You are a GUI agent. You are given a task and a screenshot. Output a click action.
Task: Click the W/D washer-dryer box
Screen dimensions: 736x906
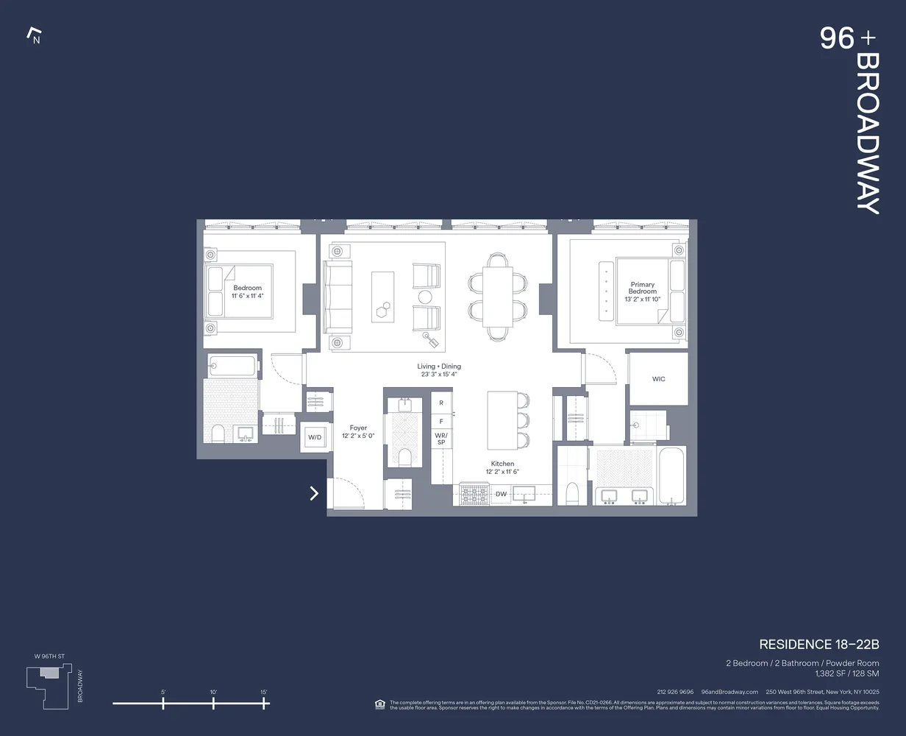pos(315,437)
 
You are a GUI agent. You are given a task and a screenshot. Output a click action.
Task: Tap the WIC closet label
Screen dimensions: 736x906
pos(658,379)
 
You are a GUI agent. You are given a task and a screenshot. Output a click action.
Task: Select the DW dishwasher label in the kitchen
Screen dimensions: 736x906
pos(501,494)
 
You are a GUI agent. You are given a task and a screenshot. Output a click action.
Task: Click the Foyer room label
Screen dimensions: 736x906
pos(358,431)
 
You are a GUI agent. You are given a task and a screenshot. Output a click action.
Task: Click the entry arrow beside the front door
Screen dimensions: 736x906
pos(314,493)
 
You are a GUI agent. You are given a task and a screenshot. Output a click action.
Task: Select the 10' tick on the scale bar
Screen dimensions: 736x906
pos(213,703)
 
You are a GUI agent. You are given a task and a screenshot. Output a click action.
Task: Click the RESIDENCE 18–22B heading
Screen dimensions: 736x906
pos(818,645)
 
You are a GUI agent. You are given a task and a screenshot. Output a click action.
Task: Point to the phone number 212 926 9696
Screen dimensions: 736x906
pos(675,692)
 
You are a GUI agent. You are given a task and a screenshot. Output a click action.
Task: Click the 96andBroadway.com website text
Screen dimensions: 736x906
pos(730,692)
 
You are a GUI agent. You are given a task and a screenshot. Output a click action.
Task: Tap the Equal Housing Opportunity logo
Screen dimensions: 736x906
pos(380,704)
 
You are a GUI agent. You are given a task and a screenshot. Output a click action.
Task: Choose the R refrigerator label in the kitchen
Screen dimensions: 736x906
pos(441,403)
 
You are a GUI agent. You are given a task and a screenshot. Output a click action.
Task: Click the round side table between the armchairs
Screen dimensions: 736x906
pos(425,297)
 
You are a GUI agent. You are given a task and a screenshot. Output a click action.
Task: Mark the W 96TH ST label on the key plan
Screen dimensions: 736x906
pos(49,656)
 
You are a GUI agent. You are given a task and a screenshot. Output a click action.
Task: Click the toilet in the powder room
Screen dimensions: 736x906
pos(404,456)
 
